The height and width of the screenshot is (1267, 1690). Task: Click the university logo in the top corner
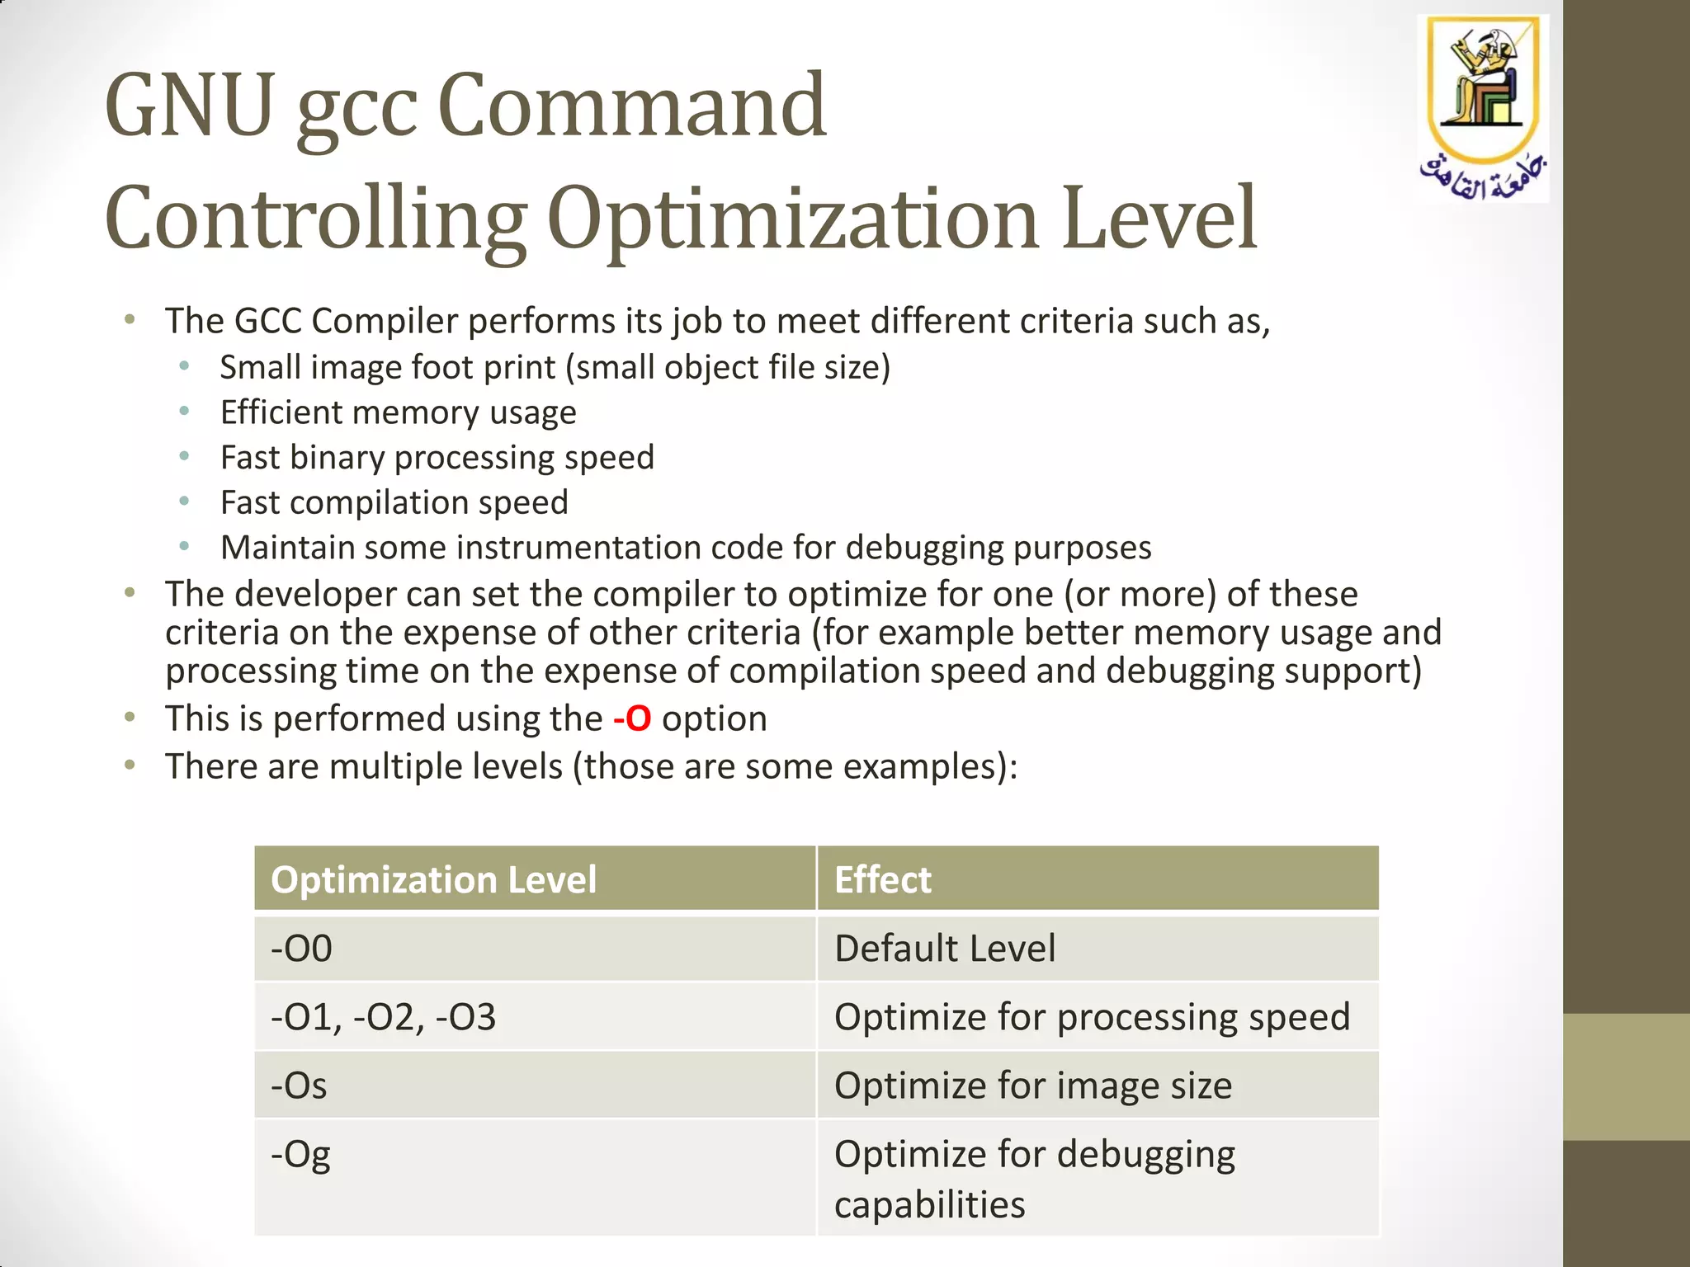point(1483,107)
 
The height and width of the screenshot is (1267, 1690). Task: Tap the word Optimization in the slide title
point(792,219)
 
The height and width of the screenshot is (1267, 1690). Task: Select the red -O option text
point(632,718)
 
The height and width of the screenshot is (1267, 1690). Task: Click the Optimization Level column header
point(433,879)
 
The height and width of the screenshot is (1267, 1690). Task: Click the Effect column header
point(882,879)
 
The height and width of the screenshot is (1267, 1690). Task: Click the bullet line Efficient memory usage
point(398,412)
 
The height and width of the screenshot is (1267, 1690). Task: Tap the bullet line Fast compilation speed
point(394,502)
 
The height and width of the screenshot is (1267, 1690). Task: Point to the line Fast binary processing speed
point(437,457)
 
